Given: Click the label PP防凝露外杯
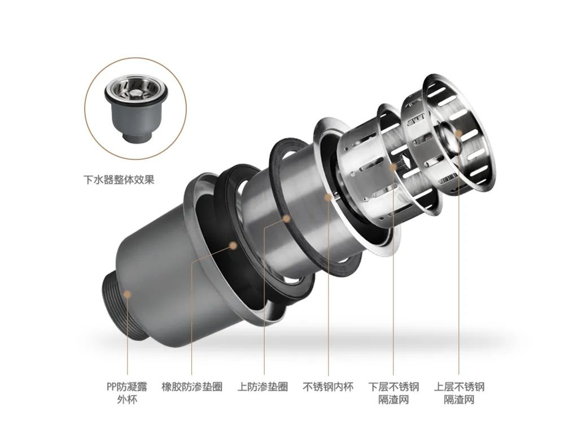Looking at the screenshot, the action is click(127, 393).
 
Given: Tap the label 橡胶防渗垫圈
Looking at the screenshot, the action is click(192, 387).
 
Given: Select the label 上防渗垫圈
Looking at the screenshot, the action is click(262, 387).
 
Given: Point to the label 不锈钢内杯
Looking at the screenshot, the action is click(328, 387).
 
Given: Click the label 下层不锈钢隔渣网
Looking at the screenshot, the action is click(393, 393).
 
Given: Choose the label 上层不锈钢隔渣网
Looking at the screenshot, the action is click(459, 393).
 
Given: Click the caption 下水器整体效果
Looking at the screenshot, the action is click(119, 180).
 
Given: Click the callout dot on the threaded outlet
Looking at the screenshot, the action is click(127, 294).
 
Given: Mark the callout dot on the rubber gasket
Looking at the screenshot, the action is click(233, 245).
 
